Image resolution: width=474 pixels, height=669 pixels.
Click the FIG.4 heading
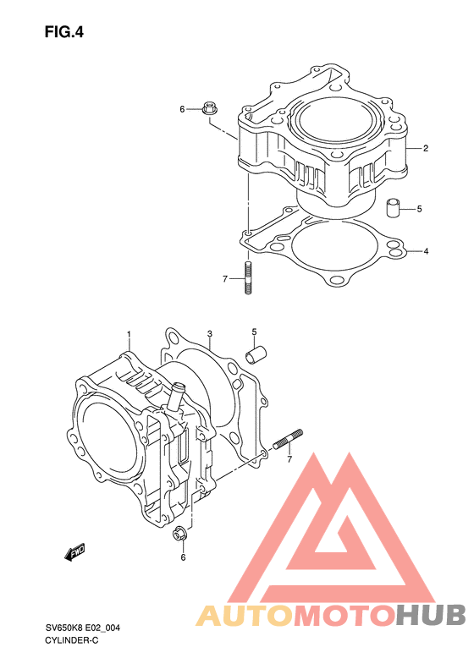pyautogui.click(x=64, y=32)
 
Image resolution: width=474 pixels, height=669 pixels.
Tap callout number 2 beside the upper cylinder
pyautogui.click(x=425, y=149)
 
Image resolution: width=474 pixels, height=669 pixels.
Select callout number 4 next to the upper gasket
pyautogui.click(x=426, y=251)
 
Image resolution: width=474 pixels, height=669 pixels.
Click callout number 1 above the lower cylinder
pyautogui.click(x=129, y=333)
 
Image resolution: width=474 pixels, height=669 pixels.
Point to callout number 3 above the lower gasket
pyautogui.click(x=210, y=332)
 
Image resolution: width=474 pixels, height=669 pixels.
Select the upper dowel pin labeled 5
pyautogui.click(x=393, y=207)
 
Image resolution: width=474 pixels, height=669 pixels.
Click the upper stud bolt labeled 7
pyautogui.click(x=248, y=277)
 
